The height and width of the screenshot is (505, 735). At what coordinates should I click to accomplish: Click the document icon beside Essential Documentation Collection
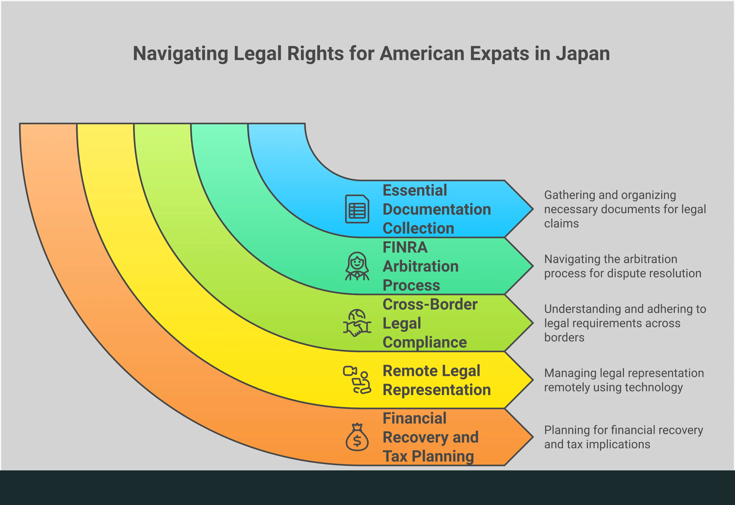click(x=357, y=209)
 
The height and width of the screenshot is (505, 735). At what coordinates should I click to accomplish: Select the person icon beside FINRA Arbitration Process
click(x=357, y=266)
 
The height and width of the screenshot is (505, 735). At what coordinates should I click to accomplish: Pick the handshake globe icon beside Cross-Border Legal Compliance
click(x=357, y=323)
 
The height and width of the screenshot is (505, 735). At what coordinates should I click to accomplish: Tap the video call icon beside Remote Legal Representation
click(x=357, y=380)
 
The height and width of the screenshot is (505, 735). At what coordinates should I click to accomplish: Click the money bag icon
click(x=357, y=437)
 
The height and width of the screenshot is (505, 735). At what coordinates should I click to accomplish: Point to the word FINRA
click(x=405, y=247)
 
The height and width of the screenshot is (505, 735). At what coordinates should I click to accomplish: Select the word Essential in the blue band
click(x=415, y=191)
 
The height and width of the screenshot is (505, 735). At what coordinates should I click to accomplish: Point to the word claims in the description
click(x=561, y=224)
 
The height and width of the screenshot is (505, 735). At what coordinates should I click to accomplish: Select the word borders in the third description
click(x=564, y=338)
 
